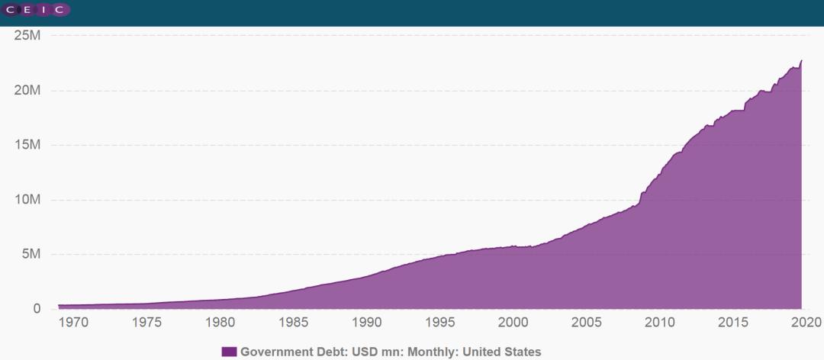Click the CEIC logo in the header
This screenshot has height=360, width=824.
36,9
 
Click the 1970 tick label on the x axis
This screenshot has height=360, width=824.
73,323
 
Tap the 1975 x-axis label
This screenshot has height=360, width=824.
146,323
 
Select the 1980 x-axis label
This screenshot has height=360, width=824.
220,323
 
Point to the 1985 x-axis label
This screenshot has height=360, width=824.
294,323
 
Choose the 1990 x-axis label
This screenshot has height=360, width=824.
367,323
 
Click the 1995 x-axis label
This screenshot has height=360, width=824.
440,323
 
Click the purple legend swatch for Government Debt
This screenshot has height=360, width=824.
229,352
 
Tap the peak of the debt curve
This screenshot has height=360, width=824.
801,60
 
